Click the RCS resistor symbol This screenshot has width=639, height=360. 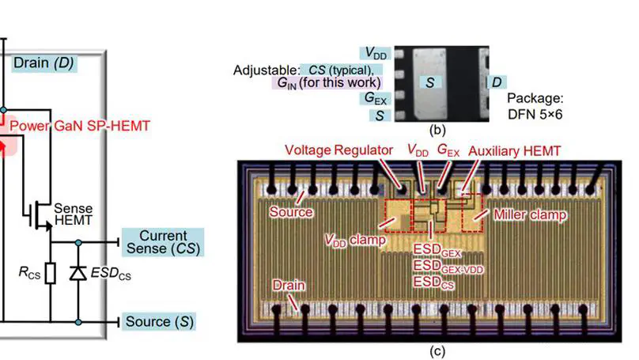pos(50,274)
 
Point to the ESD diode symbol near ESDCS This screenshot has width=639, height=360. pos(78,273)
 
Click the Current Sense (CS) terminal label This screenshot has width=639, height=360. pos(164,243)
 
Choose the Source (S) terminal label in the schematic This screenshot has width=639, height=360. pos(160,322)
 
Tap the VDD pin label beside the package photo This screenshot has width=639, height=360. pos(376,53)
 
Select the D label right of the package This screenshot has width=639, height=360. pos(497,82)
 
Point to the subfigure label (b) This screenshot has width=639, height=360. pos(438,128)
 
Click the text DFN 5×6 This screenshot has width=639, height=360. pos(535,114)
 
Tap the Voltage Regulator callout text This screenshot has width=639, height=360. pos(338,150)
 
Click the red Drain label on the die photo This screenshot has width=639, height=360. pos(287,283)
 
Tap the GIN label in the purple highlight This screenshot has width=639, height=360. pos(286,82)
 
